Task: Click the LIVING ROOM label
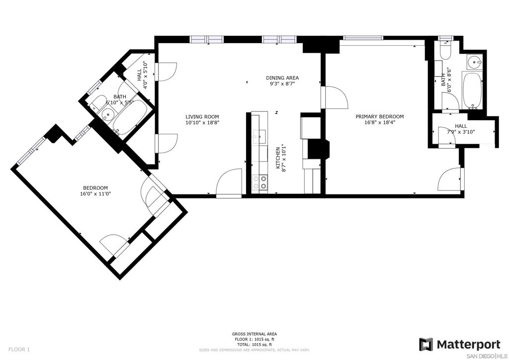click(202, 117)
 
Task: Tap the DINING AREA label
click(282, 78)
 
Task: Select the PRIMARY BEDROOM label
click(379, 116)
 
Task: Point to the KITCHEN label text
click(278, 158)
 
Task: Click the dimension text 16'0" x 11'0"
click(95, 194)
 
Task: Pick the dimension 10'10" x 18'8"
click(202, 123)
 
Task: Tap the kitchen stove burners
click(260, 182)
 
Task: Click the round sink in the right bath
click(475, 61)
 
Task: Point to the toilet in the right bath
click(445, 51)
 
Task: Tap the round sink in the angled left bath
click(107, 115)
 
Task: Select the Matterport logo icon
click(426, 345)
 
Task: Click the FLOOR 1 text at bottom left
click(19, 350)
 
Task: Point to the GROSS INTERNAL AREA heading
click(254, 334)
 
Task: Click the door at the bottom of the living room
click(229, 183)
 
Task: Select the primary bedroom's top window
click(363, 38)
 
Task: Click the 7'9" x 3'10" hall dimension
click(461, 132)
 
